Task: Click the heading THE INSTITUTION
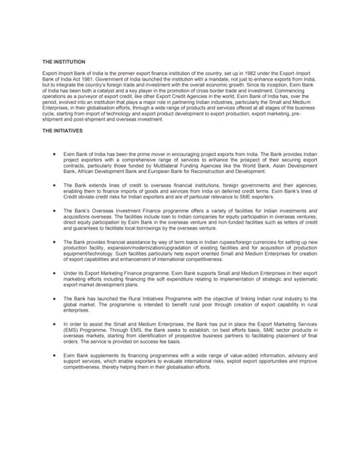(63, 62)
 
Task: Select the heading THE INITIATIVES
(62, 131)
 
